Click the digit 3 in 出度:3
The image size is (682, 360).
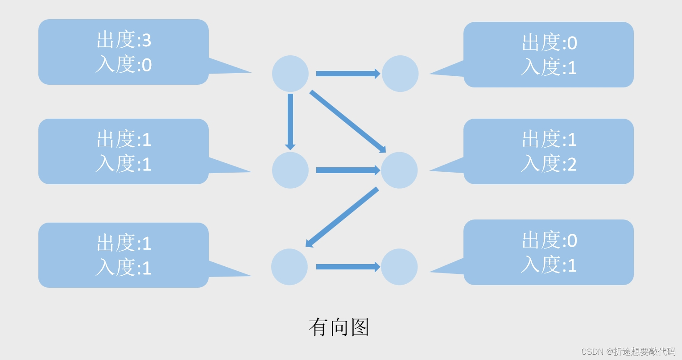[146, 41]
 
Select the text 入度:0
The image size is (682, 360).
[124, 65]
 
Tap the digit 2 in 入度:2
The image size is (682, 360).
[572, 164]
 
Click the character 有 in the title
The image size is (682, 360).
[318, 327]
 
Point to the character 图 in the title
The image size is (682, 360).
[360, 327]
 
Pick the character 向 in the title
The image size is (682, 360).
[339, 327]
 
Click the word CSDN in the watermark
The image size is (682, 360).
[592, 352]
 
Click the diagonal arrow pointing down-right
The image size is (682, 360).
[347, 121]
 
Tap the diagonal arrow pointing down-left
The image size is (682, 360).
[342, 217]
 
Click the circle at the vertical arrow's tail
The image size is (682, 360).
[290, 74]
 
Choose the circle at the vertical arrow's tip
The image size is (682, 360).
[290, 170]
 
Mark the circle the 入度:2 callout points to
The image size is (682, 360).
[399, 170]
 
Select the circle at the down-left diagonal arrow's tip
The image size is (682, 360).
[289, 267]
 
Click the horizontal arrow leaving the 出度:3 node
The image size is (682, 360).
[348, 74]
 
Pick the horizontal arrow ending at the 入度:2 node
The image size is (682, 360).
[348, 170]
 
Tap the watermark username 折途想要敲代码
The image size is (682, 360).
[645, 352]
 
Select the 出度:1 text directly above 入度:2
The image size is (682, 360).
[549, 140]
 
